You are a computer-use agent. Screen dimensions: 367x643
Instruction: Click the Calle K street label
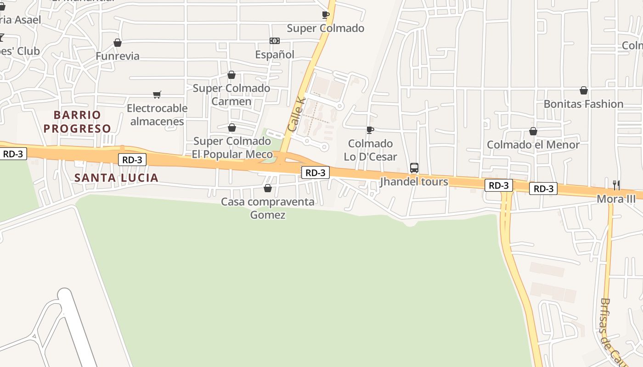click(296, 113)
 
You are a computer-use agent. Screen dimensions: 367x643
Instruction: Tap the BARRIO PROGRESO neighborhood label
click(77, 122)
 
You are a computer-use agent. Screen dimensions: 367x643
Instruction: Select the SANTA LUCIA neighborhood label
click(116, 178)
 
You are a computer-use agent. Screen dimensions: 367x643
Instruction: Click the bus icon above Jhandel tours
click(414, 168)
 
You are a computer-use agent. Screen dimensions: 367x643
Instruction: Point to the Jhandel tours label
click(414, 182)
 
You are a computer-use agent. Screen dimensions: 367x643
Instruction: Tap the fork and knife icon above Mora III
click(616, 185)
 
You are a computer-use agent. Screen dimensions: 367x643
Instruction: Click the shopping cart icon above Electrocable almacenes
click(157, 95)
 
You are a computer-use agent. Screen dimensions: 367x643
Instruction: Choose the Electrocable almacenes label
click(157, 115)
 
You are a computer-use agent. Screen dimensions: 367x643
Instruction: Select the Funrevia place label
click(118, 56)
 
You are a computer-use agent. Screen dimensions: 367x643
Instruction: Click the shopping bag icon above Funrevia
click(118, 43)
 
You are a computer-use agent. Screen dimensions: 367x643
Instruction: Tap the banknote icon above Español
click(275, 41)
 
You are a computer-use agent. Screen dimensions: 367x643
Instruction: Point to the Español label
click(275, 55)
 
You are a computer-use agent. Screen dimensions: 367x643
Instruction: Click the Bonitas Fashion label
click(583, 104)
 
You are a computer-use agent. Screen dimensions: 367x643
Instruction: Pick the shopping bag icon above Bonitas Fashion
click(583, 90)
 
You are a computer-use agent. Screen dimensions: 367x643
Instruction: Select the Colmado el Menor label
click(533, 145)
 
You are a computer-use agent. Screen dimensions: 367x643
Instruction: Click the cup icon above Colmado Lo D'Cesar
click(370, 130)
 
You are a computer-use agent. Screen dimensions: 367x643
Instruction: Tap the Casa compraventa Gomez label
click(268, 208)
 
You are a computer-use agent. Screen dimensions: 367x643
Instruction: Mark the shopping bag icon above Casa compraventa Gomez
click(268, 188)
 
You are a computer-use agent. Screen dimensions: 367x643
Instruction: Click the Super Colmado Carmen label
click(231, 95)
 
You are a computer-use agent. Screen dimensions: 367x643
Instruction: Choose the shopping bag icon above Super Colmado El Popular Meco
click(232, 128)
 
